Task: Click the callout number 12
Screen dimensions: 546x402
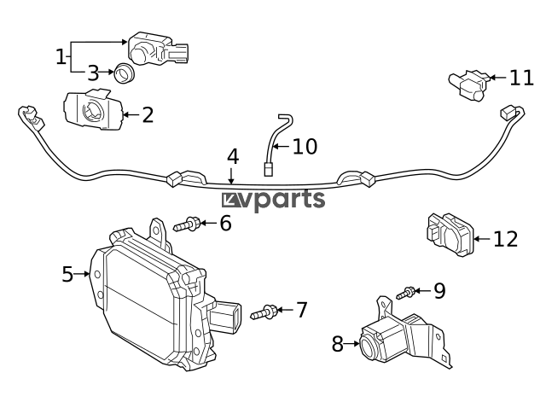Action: click(506, 239)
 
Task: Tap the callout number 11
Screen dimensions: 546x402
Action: click(521, 78)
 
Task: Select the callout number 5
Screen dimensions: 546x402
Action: click(68, 274)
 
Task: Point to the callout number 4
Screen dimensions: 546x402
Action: click(233, 157)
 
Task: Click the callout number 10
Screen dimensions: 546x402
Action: click(305, 146)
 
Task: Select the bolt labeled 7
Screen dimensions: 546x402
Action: click(264, 312)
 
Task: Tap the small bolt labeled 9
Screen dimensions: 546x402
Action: click(405, 293)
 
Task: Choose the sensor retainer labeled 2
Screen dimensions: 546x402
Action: click(93, 110)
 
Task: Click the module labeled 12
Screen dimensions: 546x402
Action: click(450, 235)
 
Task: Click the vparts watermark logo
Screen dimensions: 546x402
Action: click(273, 201)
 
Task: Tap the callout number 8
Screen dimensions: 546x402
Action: click(338, 344)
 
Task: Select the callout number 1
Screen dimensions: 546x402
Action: click(61, 57)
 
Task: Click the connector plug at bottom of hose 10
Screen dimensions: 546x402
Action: click(267, 169)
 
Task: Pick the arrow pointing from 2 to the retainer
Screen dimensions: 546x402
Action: click(131, 114)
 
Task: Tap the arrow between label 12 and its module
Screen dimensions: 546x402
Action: click(482, 239)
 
